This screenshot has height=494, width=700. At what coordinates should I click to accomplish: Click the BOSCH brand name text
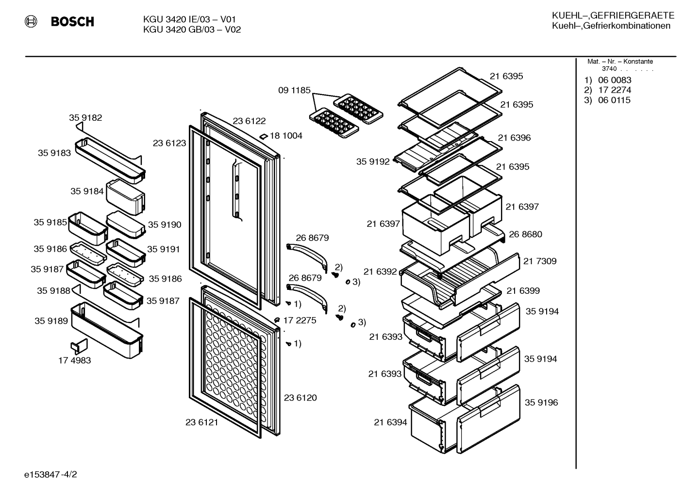[72, 21]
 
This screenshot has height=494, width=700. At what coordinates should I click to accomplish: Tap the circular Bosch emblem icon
[31, 21]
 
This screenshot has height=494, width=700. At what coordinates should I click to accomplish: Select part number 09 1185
[294, 90]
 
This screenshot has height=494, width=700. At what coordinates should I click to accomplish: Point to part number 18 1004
[286, 136]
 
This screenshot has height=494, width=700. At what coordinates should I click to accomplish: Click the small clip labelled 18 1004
[264, 136]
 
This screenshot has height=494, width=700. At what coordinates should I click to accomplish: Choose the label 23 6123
[169, 143]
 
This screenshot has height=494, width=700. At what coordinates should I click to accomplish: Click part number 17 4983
[75, 360]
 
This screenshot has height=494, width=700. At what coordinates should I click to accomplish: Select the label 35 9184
[87, 191]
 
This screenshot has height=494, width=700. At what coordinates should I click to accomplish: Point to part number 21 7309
[540, 261]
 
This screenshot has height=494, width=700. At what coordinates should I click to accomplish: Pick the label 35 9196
[541, 402]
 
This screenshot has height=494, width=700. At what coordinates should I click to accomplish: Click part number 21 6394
[391, 422]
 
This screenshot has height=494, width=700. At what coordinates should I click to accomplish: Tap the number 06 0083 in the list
[615, 80]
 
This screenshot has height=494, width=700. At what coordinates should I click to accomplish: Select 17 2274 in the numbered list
[615, 90]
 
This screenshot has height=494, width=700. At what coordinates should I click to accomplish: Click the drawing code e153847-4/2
[50, 475]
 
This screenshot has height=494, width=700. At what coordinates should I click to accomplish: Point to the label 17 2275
[300, 320]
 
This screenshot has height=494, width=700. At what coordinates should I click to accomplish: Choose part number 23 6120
[300, 398]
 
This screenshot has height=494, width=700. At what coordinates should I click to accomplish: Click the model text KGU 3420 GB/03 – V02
[192, 30]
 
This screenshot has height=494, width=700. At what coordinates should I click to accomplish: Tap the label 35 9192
[373, 161]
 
